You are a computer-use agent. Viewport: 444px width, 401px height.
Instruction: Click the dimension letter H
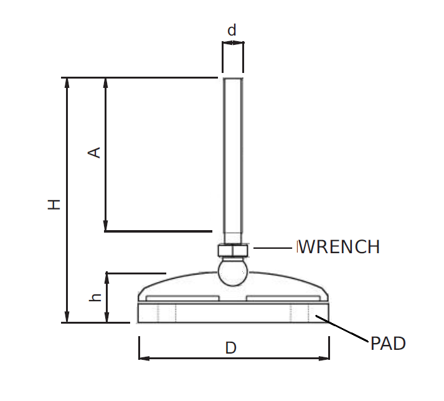tap(55, 203)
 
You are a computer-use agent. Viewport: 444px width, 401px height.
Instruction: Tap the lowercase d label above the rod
tap(232, 30)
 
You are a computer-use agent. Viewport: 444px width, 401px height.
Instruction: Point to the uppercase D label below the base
tap(230, 348)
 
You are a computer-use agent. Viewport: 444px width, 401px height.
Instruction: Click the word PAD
tap(388, 344)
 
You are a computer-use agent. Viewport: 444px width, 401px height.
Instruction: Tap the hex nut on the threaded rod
tap(234, 250)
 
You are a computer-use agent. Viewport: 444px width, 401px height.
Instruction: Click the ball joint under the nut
tap(233, 271)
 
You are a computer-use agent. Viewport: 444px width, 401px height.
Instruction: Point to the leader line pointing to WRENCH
tap(272, 248)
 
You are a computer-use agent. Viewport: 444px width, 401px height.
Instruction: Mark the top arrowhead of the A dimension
tap(106, 83)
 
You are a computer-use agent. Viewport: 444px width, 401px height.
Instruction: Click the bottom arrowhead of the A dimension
tap(106, 226)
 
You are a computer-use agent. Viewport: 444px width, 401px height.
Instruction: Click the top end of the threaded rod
tap(234, 80)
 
